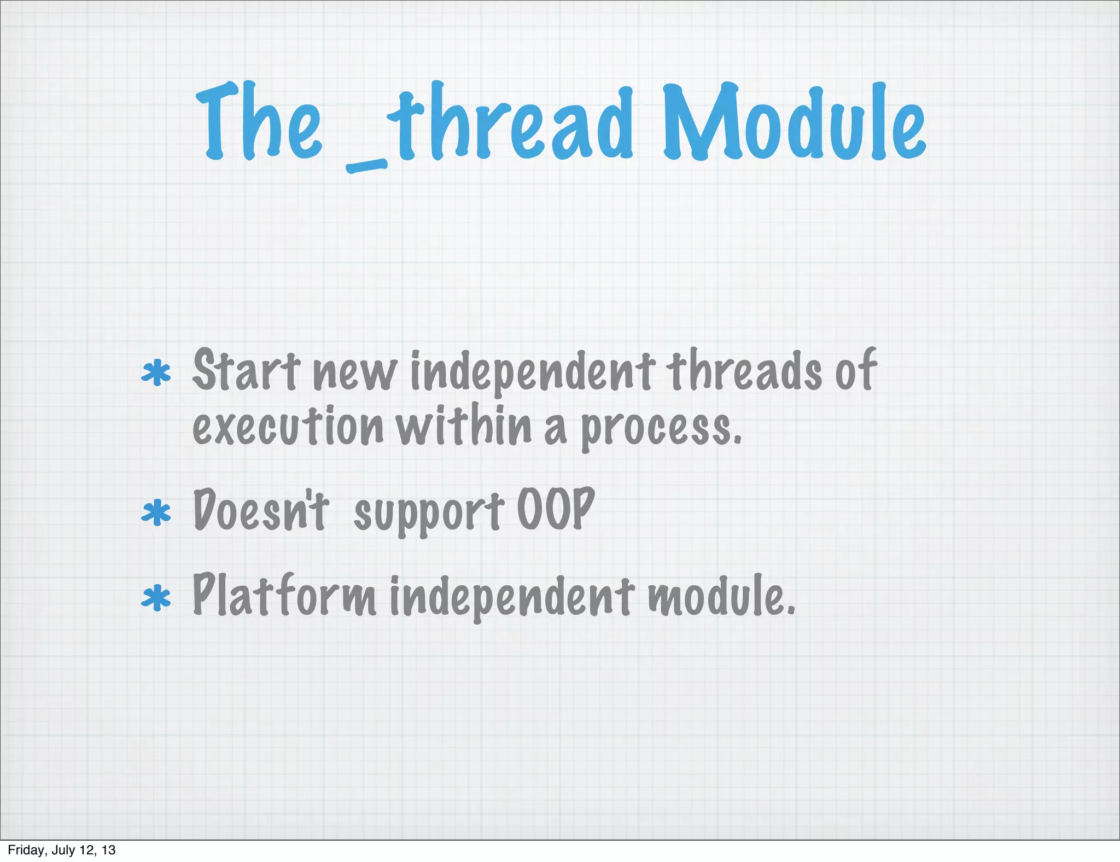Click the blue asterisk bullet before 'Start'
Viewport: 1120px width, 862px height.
(x=156, y=374)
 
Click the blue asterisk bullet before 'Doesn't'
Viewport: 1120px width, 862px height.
(x=156, y=512)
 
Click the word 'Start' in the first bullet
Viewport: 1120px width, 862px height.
(x=246, y=371)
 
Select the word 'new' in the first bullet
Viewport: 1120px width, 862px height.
(x=354, y=375)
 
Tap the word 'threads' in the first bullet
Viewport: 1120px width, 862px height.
(x=744, y=371)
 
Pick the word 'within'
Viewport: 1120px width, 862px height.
(x=464, y=426)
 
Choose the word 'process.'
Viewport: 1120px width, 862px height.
(x=661, y=429)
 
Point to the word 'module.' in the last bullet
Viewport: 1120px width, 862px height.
(x=721, y=596)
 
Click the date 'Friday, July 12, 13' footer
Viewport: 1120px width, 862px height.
(x=62, y=850)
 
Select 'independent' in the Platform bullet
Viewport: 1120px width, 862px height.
(x=512, y=597)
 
